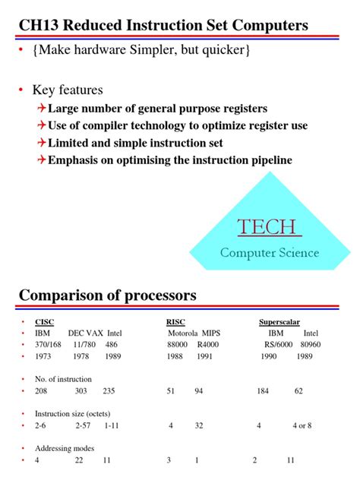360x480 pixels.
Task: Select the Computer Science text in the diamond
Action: tap(270, 253)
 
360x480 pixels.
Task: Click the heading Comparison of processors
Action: tap(107, 295)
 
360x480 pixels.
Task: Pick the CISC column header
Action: tap(44, 321)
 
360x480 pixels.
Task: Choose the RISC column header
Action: tap(175, 321)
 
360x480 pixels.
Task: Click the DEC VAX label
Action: tap(85, 333)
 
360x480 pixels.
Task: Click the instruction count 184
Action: tap(263, 390)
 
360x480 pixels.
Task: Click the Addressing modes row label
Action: tap(64, 448)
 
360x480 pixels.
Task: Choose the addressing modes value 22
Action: tap(78, 460)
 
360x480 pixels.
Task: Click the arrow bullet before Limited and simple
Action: tap(41, 143)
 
